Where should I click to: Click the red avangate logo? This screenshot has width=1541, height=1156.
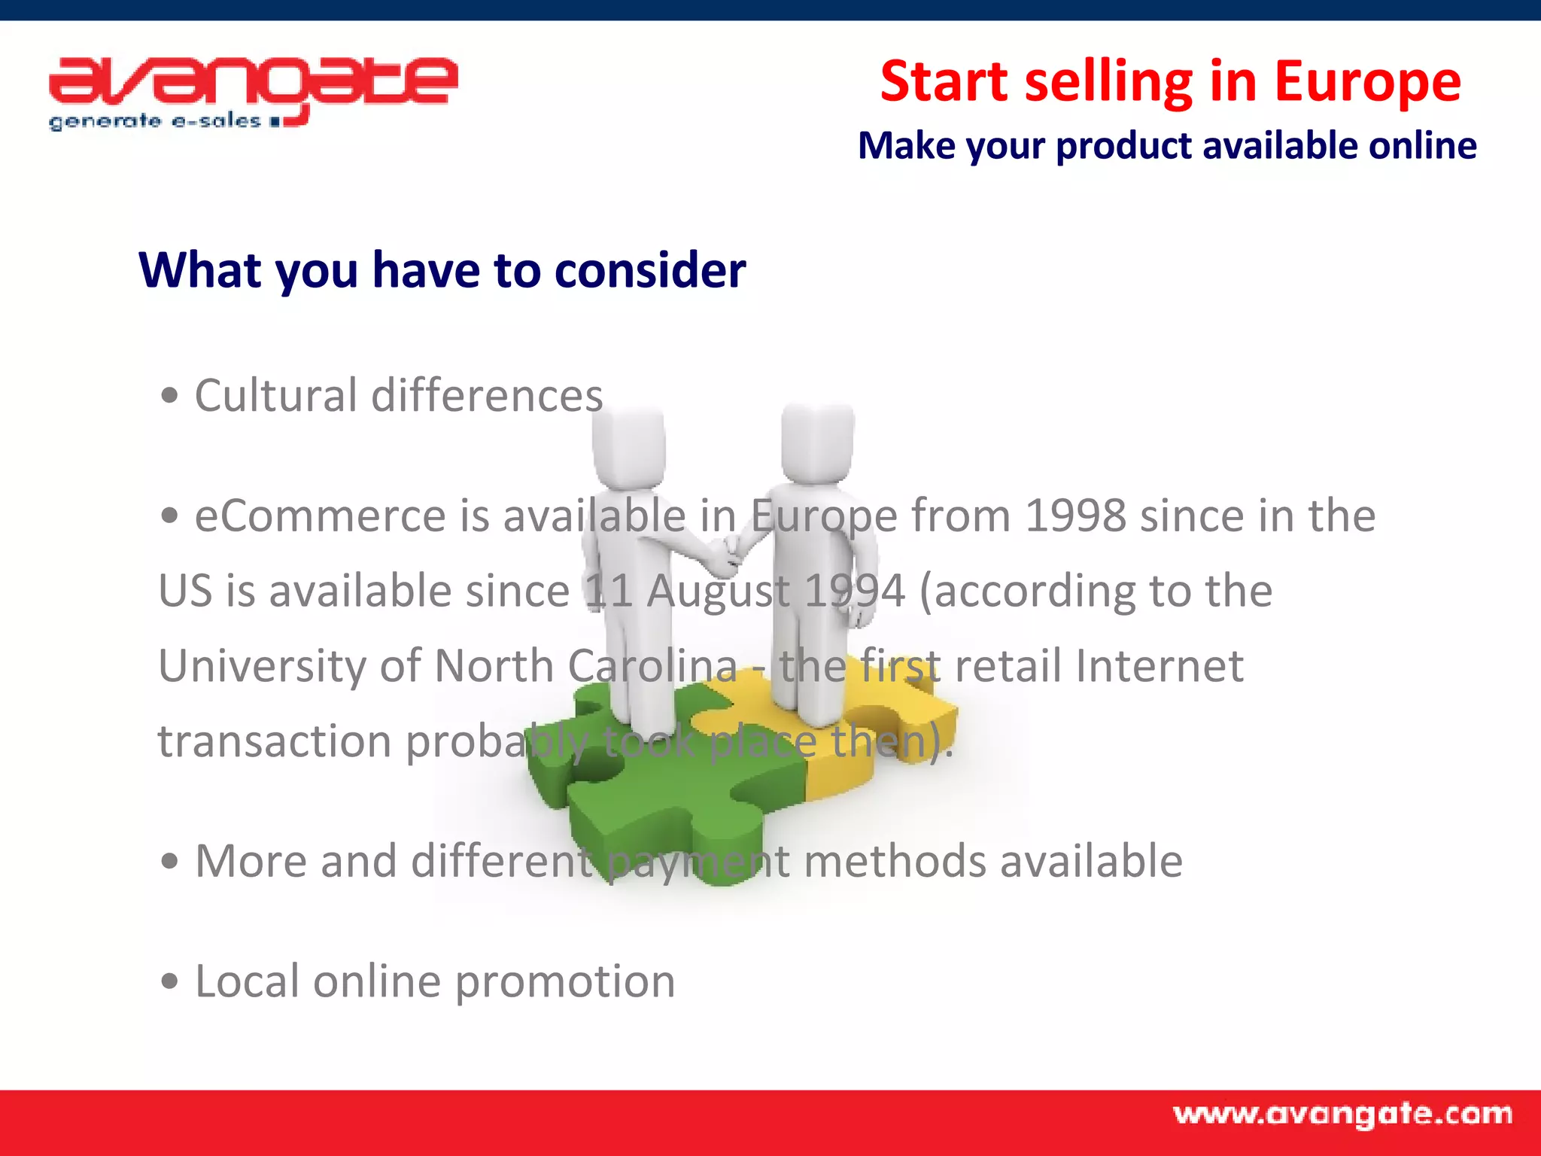pos(252,83)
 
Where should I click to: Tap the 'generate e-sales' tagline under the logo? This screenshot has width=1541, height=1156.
pos(154,122)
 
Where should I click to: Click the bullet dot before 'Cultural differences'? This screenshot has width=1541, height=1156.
pos(170,396)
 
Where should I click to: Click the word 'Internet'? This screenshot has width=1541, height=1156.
pos(1159,666)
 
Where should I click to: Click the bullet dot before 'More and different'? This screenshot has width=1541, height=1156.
pos(170,862)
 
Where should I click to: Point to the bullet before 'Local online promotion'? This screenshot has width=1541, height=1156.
pos(170,982)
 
